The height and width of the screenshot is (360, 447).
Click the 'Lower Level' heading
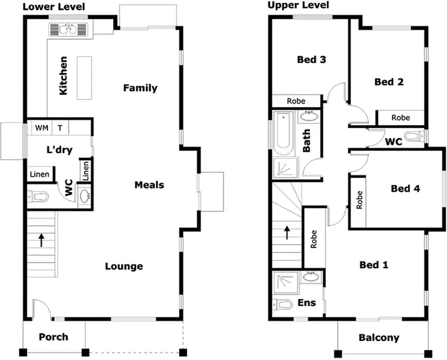(x=53, y=7)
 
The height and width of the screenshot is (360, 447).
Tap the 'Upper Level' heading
(x=297, y=5)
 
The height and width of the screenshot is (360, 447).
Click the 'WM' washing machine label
(x=41, y=128)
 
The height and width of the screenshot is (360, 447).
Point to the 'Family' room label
(x=140, y=88)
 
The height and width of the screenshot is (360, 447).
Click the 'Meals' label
(x=149, y=185)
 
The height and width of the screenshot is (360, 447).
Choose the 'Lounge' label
(x=124, y=266)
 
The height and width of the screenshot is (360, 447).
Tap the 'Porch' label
(x=54, y=337)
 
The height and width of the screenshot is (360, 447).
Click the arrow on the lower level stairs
(x=41, y=240)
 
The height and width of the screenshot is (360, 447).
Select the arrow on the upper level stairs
(x=287, y=231)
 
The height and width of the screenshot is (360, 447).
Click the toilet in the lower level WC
(x=39, y=196)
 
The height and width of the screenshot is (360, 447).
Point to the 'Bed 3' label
(x=312, y=60)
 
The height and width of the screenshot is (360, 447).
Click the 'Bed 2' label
(x=389, y=82)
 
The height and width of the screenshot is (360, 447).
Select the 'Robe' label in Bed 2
(x=401, y=118)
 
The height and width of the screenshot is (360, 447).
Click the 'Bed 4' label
(x=405, y=188)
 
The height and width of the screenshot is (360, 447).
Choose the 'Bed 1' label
(x=374, y=264)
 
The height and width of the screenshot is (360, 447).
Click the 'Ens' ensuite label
(x=306, y=303)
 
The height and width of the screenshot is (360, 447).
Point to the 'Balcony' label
(x=378, y=338)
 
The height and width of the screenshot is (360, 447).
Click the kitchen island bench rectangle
(x=85, y=77)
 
